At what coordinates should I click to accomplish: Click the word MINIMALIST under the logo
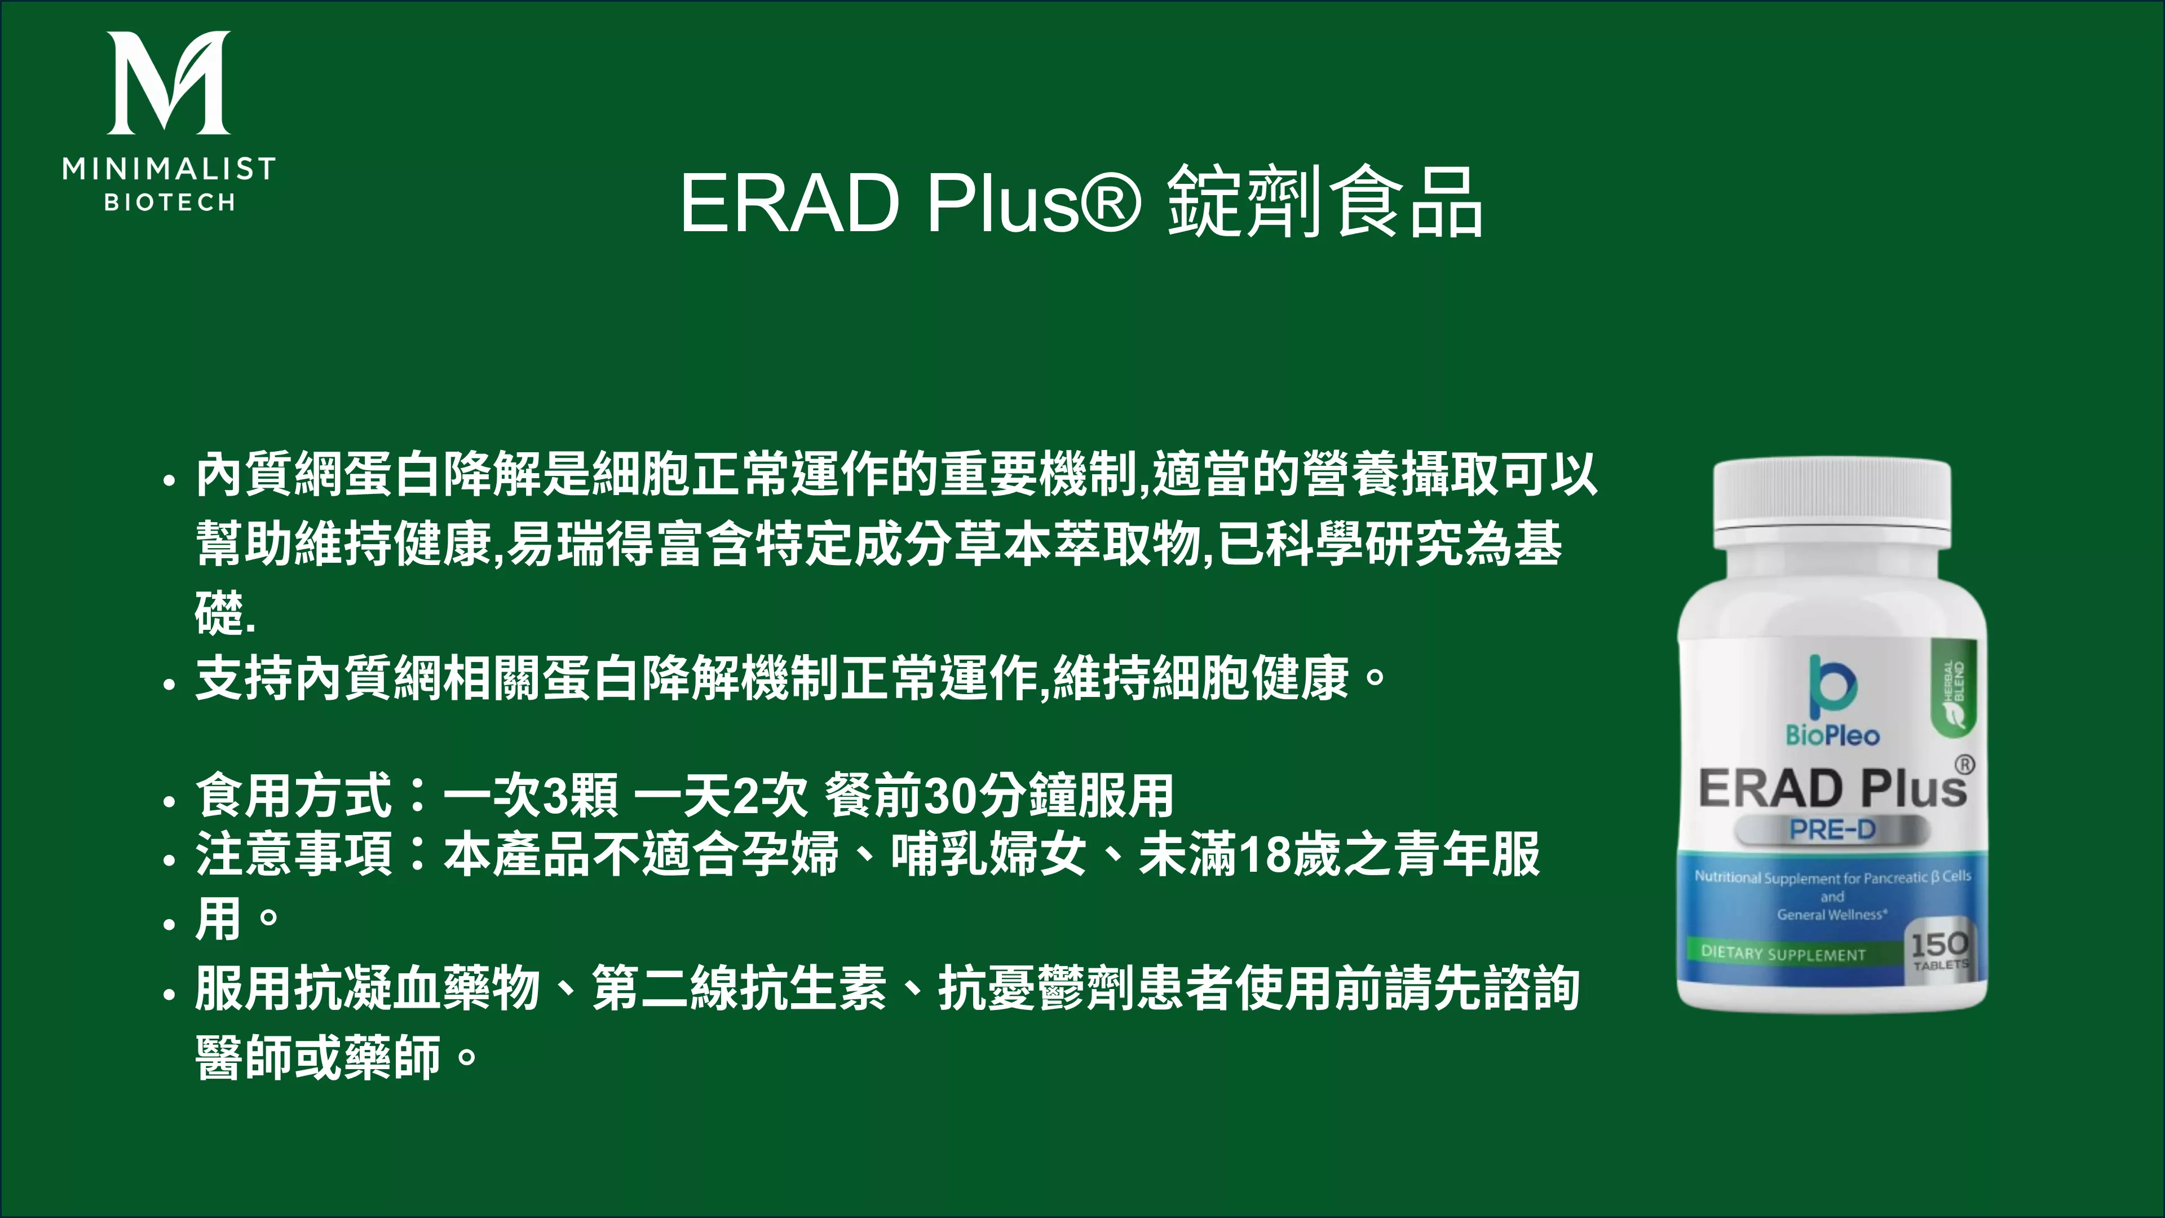(169, 169)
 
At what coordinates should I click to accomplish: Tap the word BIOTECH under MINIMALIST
(169, 202)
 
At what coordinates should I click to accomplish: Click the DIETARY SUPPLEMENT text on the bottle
(1783, 953)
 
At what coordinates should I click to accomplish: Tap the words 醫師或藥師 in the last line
(317, 1057)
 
